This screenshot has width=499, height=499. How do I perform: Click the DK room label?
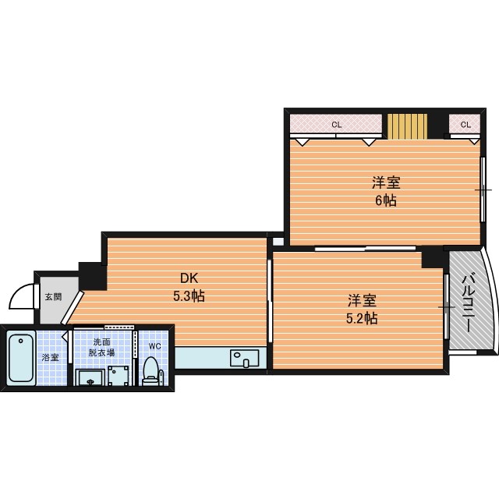point(189,278)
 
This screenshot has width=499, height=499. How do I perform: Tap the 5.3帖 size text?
point(189,296)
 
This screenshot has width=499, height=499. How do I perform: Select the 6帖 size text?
point(386,200)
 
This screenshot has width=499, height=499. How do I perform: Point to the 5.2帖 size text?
point(362,318)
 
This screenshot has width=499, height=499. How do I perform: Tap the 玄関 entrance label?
point(53,297)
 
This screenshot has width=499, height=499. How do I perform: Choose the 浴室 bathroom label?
point(50,357)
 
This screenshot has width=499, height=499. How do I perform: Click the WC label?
point(154,346)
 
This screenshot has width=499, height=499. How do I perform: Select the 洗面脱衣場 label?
point(101,347)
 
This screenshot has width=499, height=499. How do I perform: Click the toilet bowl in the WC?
point(150,371)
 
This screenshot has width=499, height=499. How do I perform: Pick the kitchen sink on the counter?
point(244,358)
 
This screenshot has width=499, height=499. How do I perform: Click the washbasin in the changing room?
point(90,377)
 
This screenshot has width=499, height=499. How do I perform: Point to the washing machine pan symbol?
point(119,376)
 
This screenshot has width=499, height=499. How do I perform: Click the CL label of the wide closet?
point(336,125)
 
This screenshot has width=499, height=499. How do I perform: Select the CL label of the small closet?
point(465,125)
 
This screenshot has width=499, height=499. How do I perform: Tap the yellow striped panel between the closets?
point(407,126)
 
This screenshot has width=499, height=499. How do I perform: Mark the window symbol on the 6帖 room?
point(483,190)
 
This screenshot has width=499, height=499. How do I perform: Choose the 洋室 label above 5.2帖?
point(362,300)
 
